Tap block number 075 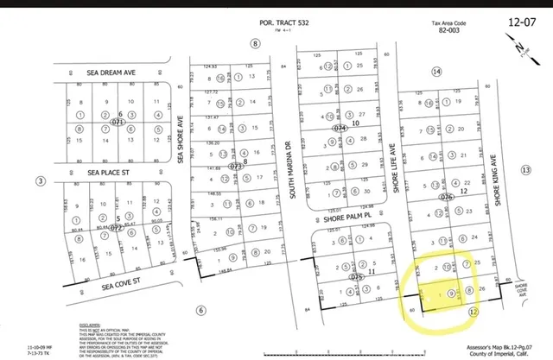[355, 277]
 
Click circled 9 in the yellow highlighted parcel [451, 294]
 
